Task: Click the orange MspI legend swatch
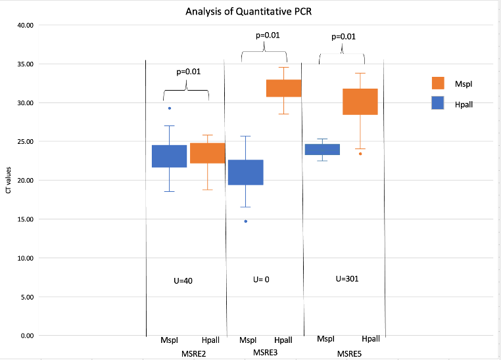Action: point(439,82)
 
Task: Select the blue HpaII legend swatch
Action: point(439,102)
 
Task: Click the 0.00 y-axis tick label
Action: point(26,336)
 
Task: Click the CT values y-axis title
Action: point(8,181)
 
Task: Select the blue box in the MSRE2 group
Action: point(169,156)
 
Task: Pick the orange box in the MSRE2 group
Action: point(207,153)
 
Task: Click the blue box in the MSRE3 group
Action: point(245,172)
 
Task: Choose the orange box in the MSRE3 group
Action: point(283,88)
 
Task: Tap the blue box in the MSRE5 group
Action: point(322,149)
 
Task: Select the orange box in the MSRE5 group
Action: point(360,101)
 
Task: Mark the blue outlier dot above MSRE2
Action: point(169,108)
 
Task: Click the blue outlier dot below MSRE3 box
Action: point(245,221)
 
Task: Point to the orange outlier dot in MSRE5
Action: point(360,154)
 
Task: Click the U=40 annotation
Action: point(183,281)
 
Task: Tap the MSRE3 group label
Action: point(266,353)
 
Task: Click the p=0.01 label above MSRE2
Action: point(188,72)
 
